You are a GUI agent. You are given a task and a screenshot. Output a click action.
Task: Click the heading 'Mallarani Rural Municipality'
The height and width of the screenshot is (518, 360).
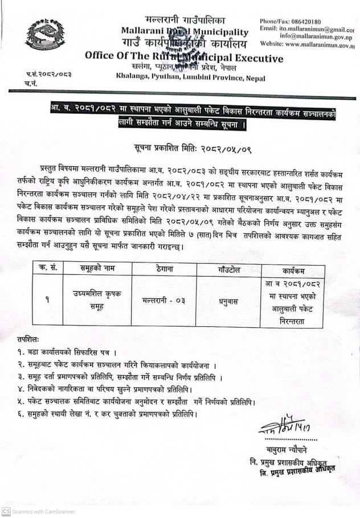click(x=185, y=32)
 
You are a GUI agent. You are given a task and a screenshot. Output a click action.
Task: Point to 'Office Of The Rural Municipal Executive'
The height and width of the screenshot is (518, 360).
click(x=183, y=57)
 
